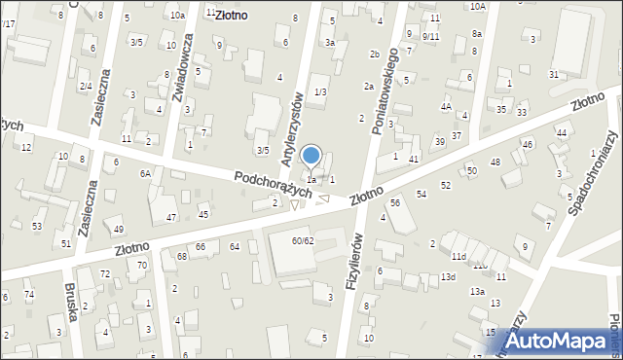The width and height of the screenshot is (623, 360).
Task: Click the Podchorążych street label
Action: coord(273,184)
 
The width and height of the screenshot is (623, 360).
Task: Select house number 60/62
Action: coord(303,240)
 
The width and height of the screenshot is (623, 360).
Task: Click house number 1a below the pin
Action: coord(311,179)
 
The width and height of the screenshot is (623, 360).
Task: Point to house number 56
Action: coord(395,202)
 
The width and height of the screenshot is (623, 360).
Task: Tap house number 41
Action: coord(414,159)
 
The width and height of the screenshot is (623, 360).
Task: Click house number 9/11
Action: coord(430,36)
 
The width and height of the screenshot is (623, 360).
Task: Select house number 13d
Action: coord(448,277)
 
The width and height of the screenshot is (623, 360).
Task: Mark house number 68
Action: coord(182,256)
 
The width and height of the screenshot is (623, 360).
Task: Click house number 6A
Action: coord(144,173)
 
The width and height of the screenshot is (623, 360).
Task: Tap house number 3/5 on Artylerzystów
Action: coord(263,150)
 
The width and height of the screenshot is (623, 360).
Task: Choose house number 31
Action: coord(554,75)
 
